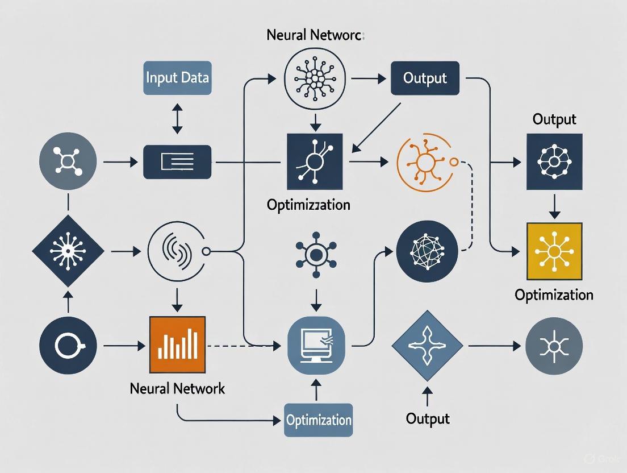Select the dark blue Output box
[x=425, y=78]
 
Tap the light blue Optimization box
[x=319, y=421]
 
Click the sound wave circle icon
[x=177, y=250]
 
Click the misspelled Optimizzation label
[x=308, y=205]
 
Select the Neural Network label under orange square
[x=177, y=389]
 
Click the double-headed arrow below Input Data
[x=177, y=118]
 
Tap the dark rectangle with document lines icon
[x=177, y=163]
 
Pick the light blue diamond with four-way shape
[x=428, y=345]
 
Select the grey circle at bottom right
[x=554, y=345]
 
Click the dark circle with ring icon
[x=68, y=345]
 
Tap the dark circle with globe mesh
[x=427, y=251]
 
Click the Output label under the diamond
[x=428, y=419]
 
